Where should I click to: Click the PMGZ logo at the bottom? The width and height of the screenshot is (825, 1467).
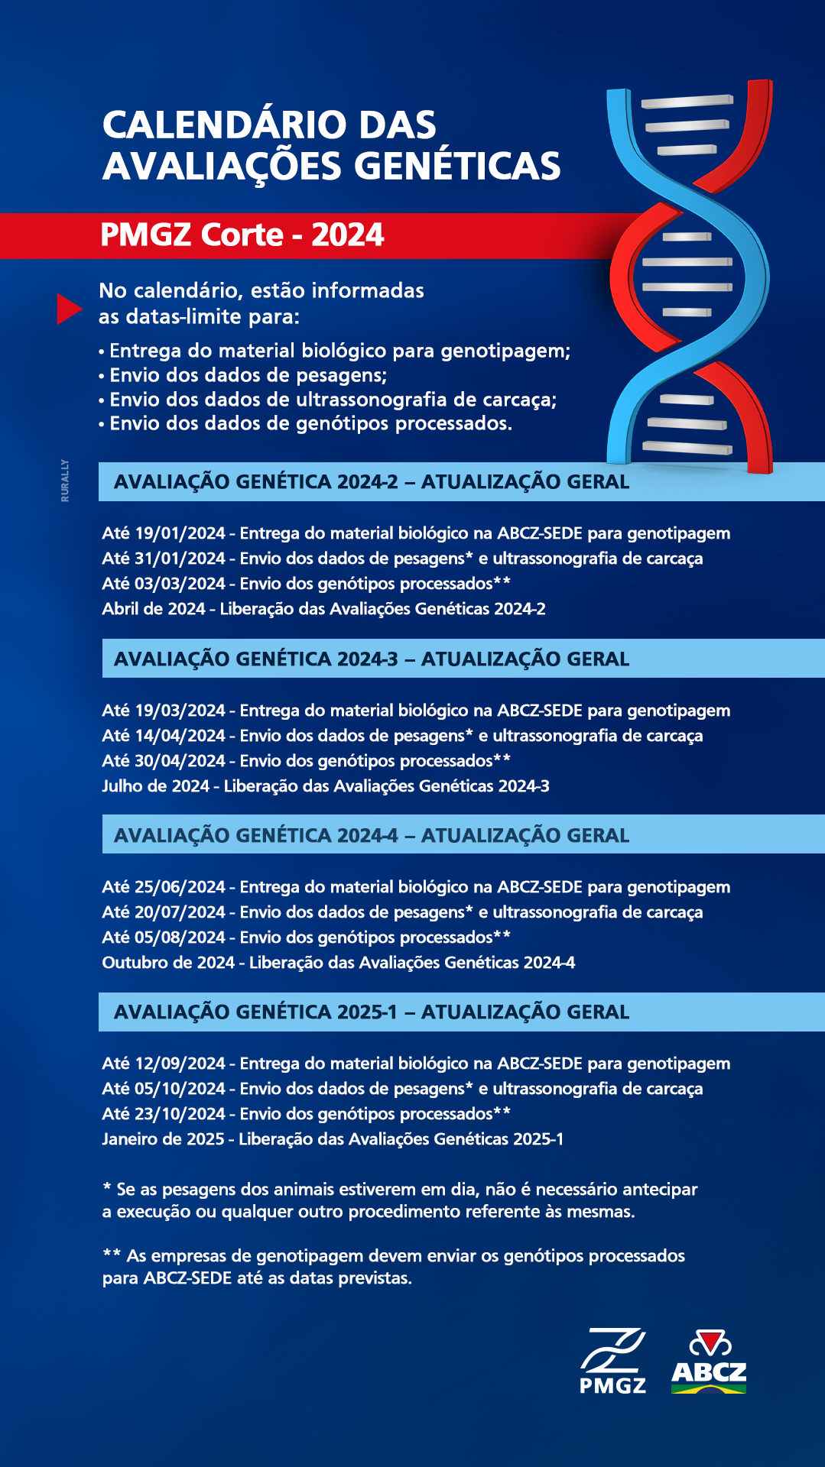tap(612, 1362)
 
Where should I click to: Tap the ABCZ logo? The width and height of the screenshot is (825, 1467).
tap(709, 1362)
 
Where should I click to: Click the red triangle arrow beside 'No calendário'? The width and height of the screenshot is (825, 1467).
tap(69, 309)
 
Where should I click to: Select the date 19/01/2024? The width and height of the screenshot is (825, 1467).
tap(180, 533)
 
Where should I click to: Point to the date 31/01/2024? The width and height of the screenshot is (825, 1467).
tap(180, 559)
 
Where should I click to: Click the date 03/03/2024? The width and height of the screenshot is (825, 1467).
tap(180, 584)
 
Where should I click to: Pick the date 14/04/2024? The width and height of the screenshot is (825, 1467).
tap(180, 736)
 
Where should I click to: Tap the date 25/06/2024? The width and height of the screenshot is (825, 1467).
tap(180, 887)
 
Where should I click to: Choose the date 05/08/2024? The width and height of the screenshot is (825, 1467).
tap(180, 938)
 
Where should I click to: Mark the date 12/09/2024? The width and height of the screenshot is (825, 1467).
tap(180, 1064)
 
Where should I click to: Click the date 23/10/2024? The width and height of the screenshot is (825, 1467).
tap(180, 1114)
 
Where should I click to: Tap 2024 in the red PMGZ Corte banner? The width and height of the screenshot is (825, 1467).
tap(348, 235)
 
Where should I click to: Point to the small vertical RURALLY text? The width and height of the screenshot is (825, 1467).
tap(65, 481)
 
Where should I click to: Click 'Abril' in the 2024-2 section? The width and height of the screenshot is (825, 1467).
tap(120, 609)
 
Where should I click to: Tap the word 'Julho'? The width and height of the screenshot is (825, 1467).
tap(122, 786)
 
